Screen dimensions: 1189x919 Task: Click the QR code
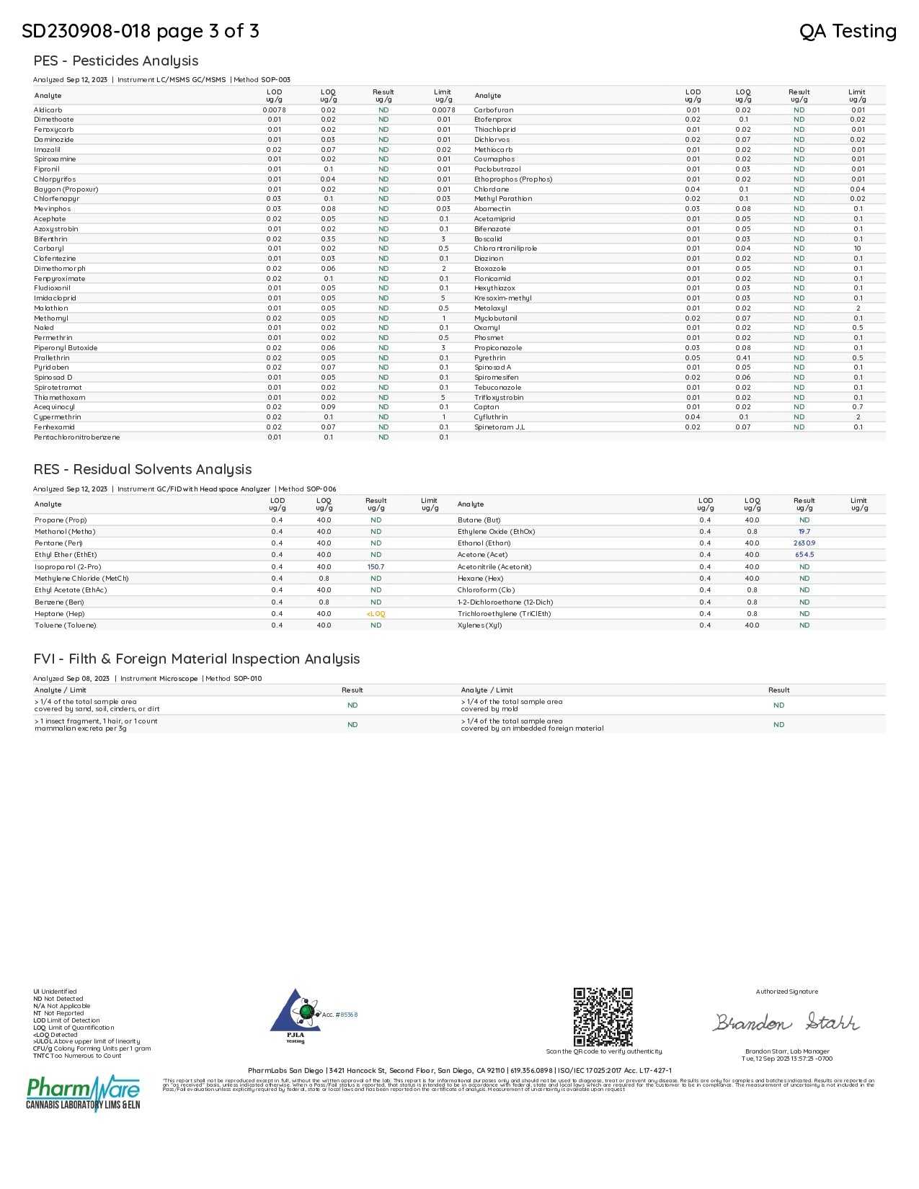[603, 1017]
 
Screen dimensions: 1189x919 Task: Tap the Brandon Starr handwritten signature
[786, 1022]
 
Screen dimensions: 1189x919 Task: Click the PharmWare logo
[83, 1093]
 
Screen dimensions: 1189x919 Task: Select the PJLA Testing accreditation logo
[295, 1017]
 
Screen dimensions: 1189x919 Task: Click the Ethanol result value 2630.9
[804, 543]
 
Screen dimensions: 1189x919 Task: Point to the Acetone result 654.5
[804, 555]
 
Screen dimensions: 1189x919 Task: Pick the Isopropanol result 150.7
[376, 567]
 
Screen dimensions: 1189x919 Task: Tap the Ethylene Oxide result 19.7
[804, 532]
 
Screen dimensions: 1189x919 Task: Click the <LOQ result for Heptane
[376, 614]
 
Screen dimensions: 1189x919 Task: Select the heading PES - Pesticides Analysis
[115, 61]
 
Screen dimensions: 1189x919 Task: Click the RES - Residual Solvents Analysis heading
[143, 470]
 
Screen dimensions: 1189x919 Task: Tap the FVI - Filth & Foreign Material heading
[196, 659]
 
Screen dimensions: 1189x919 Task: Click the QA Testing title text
[848, 31]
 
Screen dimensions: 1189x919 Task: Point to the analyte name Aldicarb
[48, 110]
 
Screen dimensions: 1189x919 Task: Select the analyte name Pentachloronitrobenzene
[76, 437]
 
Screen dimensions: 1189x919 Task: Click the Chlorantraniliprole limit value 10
[858, 249]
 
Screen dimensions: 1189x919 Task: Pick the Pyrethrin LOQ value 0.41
[743, 358]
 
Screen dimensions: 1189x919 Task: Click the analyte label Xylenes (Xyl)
[479, 625]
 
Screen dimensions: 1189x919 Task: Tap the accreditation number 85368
[349, 1015]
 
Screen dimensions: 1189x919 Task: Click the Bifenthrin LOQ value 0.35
[328, 239]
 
